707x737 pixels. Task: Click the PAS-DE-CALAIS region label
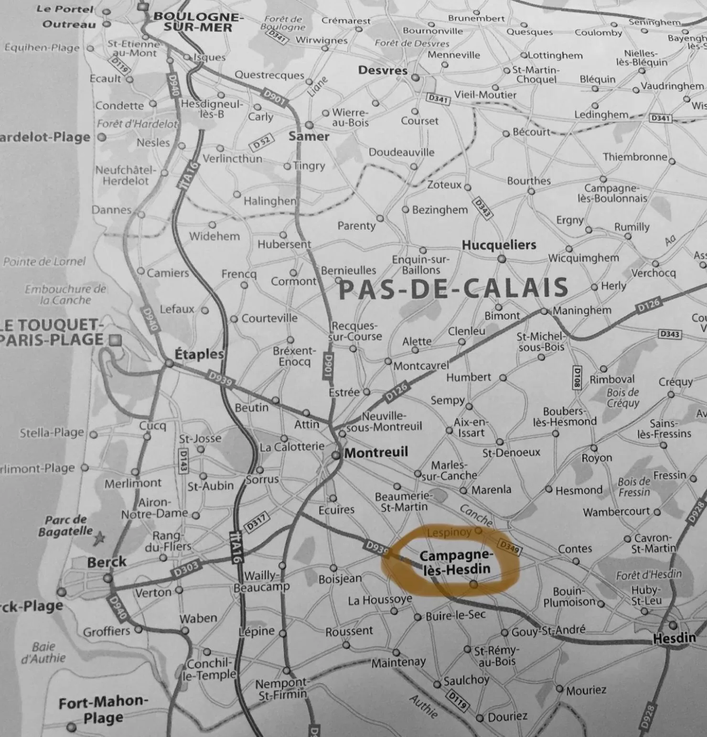(x=453, y=289)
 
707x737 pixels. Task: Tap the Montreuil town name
(x=376, y=452)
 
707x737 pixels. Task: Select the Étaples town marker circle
(x=169, y=363)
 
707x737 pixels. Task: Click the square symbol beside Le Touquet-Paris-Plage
(x=115, y=340)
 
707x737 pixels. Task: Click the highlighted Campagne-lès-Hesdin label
(x=455, y=562)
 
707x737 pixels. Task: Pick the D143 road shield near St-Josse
(x=182, y=461)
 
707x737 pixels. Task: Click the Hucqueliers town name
(x=499, y=245)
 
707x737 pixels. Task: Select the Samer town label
(x=309, y=137)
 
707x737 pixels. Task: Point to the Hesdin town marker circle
(x=673, y=625)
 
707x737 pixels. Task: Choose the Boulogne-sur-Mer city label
(x=198, y=22)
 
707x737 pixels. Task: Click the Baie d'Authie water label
(x=43, y=652)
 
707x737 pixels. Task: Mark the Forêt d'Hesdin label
(x=648, y=575)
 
